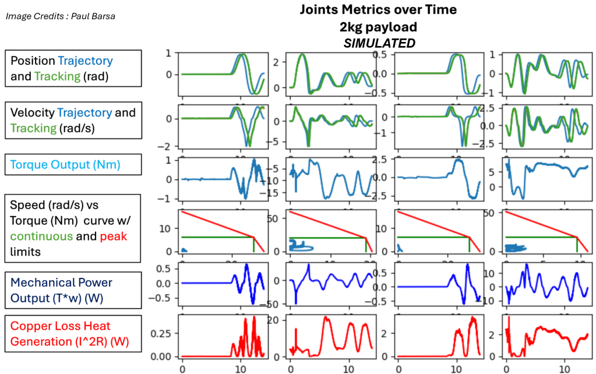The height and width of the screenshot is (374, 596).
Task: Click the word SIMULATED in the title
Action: coord(378,43)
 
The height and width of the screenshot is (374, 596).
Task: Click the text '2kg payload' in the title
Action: coord(378,27)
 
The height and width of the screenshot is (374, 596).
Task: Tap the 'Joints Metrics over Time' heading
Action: coord(378,10)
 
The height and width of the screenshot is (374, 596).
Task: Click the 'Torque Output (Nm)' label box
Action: coord(73,165)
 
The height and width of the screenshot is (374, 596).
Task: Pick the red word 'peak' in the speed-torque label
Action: coord(112,237)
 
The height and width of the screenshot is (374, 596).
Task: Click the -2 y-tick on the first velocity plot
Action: coord(170,146)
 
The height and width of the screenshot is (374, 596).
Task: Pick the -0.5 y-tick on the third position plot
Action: coord(382,93)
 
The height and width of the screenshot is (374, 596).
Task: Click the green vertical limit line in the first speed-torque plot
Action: coord(253,244)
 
